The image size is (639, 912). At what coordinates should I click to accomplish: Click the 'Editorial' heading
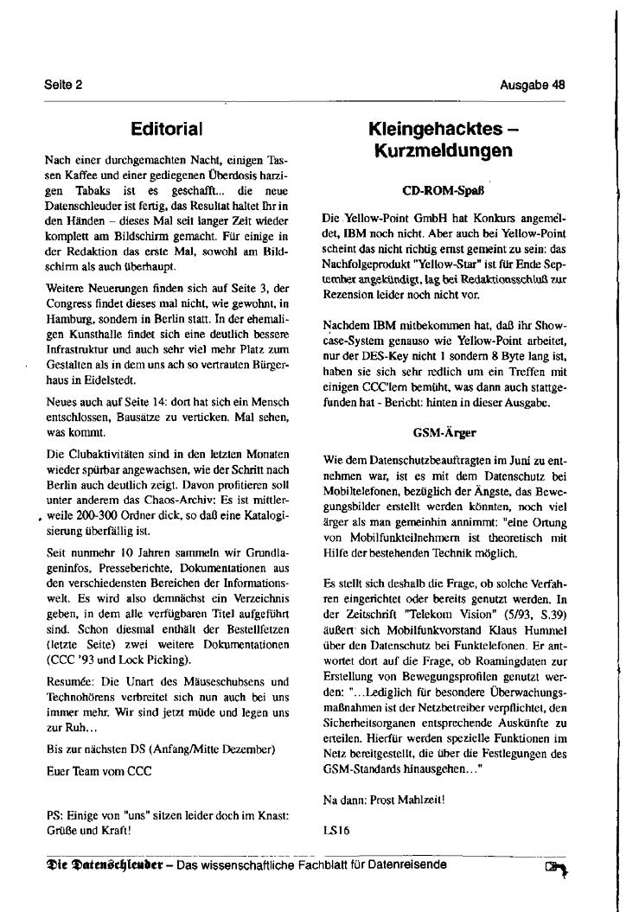coord(167,129)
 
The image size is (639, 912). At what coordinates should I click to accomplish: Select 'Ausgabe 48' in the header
coord(533,85)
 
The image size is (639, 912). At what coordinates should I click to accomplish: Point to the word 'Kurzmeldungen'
coord(443,151)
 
